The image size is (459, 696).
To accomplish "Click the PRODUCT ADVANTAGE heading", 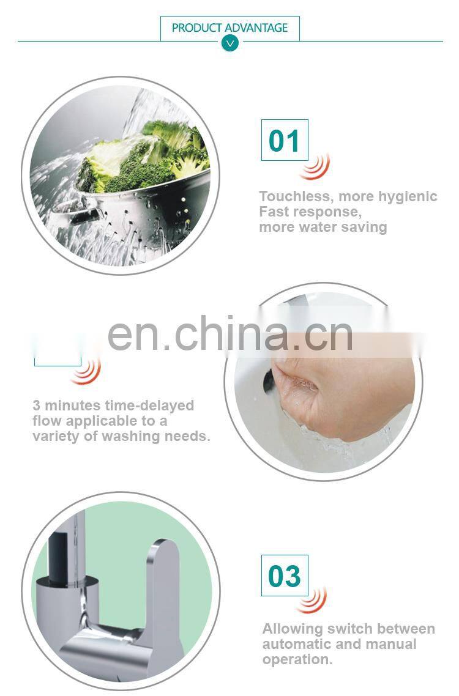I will (x=229, y=28).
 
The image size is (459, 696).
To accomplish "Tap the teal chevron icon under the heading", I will (x=230, y=43).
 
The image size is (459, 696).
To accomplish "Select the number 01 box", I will (x=285, y=140).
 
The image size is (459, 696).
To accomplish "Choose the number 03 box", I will (x=285, y=576).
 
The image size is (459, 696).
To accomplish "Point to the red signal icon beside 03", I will (x=313, y=600).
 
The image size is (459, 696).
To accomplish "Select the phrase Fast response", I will (x=308, y=212).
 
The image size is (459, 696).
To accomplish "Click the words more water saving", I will (x=323, y=227).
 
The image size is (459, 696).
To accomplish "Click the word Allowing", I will (x=292, y=629).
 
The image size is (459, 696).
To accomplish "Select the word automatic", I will (x=296, y=644).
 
